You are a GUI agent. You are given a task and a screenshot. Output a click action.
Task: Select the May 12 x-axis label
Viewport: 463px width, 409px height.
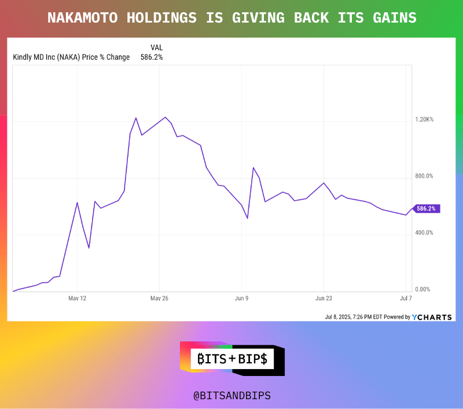[77, 299]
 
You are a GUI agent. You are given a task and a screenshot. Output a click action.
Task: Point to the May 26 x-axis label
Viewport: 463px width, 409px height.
[159, 299]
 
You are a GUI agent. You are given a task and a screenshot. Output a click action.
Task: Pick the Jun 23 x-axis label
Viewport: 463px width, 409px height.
[323, 299]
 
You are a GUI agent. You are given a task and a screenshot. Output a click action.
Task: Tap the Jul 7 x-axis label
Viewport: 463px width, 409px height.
[405, 299]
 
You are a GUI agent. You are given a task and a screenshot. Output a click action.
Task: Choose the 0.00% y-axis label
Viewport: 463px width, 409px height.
[424, 289]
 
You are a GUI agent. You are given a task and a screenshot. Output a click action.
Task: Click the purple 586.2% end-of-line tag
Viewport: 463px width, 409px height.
[428, 208]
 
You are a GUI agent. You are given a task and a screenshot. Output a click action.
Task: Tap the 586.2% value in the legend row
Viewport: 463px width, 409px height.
[152, 57]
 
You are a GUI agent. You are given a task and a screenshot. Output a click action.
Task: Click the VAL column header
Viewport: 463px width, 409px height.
[157, 47]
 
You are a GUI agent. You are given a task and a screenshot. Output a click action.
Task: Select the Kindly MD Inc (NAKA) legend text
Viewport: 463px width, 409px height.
[71, 57]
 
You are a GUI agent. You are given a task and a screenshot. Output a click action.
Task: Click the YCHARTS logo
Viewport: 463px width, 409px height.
[432, 317]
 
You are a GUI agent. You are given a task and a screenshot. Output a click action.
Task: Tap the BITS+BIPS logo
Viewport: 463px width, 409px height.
[232, 359]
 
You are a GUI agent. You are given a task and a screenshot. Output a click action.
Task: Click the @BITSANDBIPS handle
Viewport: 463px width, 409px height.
[231, 396]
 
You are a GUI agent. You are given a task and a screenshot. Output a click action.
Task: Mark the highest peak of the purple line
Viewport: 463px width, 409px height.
[166, 117]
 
